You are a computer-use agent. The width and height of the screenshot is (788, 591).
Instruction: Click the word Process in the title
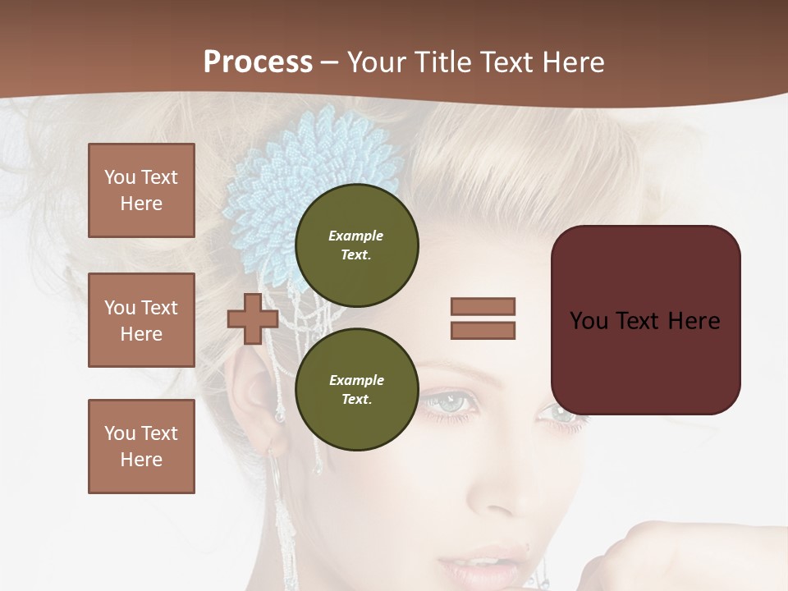[x=258, y=62]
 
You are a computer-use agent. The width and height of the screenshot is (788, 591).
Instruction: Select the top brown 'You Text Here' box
[x=141, y=190]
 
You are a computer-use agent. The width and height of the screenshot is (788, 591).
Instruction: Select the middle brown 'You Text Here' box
[x=141, y=320]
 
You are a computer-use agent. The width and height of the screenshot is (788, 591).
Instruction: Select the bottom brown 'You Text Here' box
[x=141, y=447]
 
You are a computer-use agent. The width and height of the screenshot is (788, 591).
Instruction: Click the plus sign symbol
[x=252, y=318]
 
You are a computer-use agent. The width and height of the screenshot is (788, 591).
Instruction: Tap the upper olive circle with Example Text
[x=356, y=245]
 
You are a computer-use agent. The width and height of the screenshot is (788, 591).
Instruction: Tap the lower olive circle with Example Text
[x=356, y=390]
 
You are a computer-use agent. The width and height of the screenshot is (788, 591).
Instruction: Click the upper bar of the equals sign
[x=483, y=306]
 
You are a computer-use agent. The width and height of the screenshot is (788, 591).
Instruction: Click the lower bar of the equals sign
[x=483, y=330]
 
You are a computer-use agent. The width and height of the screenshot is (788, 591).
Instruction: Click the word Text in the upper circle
[x=356, y=254]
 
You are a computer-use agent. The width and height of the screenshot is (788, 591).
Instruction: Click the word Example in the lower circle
[x=356, y=380]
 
